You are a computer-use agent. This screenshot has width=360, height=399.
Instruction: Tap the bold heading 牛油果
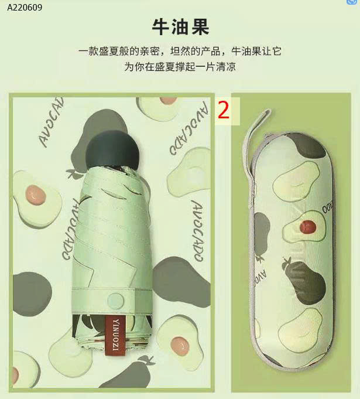[180, 27]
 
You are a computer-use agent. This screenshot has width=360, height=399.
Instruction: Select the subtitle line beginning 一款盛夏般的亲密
[180, 52]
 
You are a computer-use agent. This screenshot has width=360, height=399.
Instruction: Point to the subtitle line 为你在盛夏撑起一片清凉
[180, 67]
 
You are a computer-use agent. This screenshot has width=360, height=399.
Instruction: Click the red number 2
[223, 110]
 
